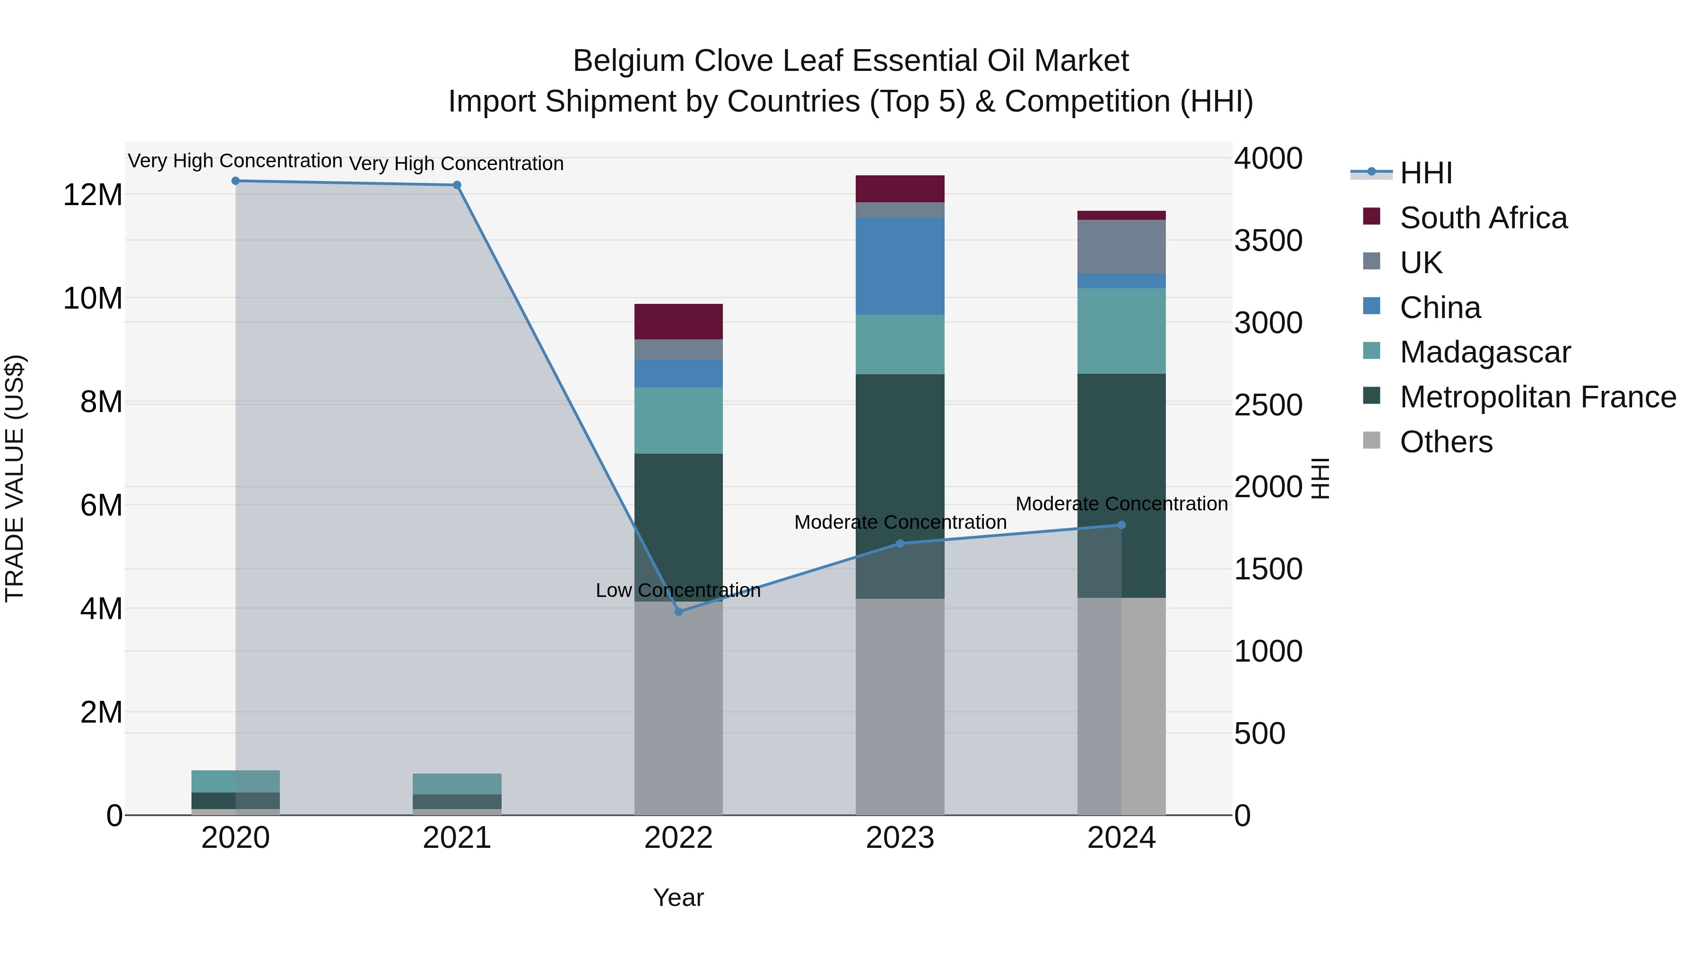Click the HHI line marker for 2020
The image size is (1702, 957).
(235, 181)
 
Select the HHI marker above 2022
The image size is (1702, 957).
(678, 612)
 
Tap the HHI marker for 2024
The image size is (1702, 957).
(1121, 525)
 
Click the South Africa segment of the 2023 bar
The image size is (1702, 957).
(900, 189)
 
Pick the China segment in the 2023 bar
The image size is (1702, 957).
(900, 266)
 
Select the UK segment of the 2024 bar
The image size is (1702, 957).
(1121, 246)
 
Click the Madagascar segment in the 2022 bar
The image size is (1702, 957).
(678, 420)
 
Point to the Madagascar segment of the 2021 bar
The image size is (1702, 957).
(457, 784)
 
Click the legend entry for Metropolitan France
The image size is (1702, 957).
(1537, 397)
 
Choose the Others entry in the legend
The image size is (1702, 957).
(1446, 442)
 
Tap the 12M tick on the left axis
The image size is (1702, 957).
(93, 195)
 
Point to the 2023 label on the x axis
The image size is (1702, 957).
(900, 838)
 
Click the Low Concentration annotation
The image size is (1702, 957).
(678, 590)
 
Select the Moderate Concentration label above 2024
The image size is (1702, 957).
(1121, 504)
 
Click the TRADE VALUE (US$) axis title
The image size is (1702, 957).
(15, 478)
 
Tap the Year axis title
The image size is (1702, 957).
(678, 897)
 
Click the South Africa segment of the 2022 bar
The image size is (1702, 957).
(678, 322)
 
